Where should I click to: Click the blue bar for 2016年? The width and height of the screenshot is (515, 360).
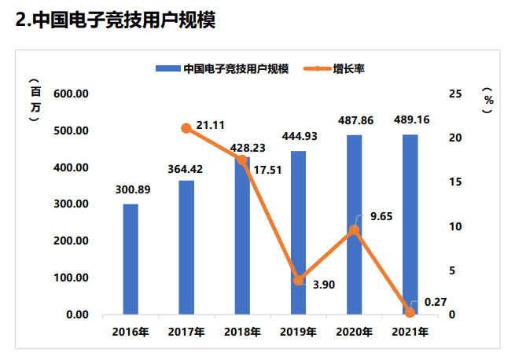point(131,259)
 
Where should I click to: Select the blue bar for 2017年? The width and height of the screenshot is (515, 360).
point(186,248)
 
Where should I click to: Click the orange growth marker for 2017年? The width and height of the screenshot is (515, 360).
point(186,128)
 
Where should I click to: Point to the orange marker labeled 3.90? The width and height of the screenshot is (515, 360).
point(299,280)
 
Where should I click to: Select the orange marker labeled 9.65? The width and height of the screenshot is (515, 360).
point(355,230)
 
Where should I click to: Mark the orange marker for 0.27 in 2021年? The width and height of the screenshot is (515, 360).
point(410,312)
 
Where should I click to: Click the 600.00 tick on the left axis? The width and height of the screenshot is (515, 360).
point(72,94)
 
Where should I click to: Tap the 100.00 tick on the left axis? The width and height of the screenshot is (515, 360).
point(72,278)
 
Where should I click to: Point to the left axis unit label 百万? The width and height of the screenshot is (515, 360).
point(33,101)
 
